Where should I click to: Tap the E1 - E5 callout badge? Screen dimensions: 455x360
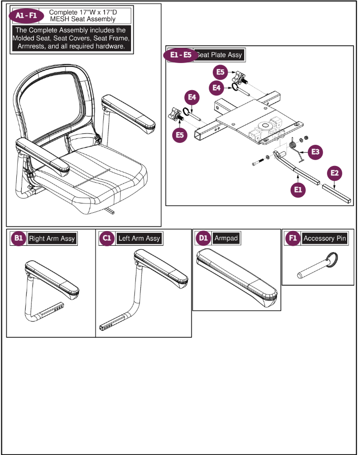(x=181, y=55)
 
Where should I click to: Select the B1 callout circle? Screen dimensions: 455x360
(x=18, y=238)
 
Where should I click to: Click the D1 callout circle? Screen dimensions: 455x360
(x=203, y=238)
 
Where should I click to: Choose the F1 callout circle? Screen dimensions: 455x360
(x=293, y=238)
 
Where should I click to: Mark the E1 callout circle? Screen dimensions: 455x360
(x=297, y=190)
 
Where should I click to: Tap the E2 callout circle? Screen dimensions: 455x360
(x=335, y=173)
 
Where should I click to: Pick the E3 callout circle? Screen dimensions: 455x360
(x=315, y=152)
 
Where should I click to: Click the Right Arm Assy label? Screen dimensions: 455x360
(x=52, y=239)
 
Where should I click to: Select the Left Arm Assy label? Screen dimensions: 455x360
(x=139, y=239)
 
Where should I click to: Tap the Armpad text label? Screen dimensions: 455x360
(x=226, y=238)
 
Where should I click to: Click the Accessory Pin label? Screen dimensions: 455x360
(x=325, y=239)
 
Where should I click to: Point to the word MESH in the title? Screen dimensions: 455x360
(x=61, y=19)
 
